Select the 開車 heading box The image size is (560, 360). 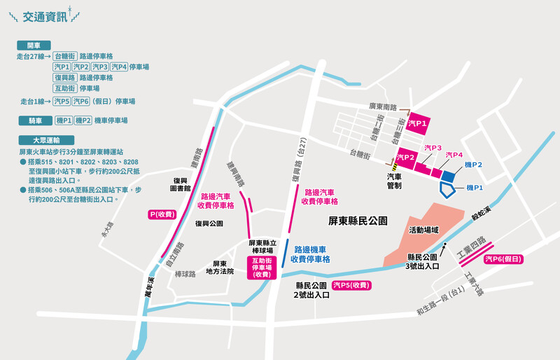[34, 45]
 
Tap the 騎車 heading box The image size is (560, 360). [34, 120]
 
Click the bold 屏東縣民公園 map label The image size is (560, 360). [358, 220]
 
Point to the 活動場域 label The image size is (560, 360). [424, 229]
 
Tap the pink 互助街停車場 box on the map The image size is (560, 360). [262, 268]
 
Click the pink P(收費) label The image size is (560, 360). [162, 214]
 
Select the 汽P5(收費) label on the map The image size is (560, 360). [351, 285]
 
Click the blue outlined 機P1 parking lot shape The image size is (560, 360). [447, 186]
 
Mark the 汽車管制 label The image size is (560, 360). [395, 181]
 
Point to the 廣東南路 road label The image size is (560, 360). [383, 106]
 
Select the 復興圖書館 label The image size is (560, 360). [180, 184]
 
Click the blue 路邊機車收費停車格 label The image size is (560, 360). [311, 254]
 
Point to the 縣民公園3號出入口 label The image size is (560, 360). [422, 261]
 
